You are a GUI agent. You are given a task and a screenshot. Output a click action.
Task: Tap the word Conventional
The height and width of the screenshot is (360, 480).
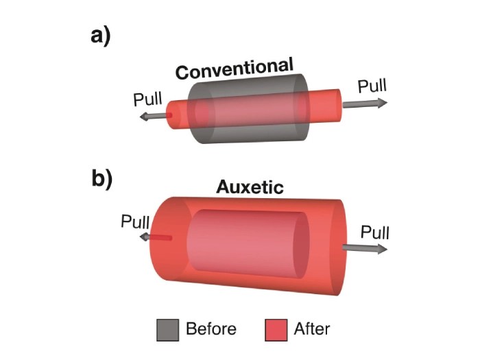[235, 69]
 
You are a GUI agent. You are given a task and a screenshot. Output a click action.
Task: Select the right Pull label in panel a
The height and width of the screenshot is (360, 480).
[372, 87]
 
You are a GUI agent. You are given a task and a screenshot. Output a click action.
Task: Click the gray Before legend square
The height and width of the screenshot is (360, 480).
[168, 330]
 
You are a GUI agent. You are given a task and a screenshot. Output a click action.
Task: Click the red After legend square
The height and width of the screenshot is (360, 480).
[276, 330]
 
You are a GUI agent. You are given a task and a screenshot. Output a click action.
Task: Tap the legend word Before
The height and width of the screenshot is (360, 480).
[211, 329]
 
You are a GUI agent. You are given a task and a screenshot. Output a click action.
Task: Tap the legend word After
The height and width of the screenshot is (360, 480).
[312, 329]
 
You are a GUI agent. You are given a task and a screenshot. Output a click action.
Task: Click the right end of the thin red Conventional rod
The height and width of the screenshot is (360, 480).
[335, 102]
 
